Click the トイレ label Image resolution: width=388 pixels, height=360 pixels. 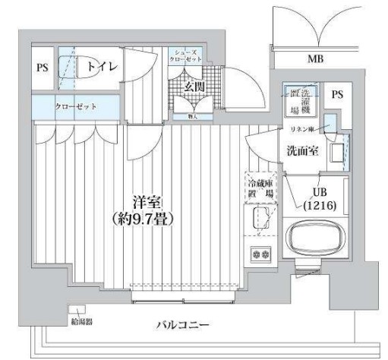[x=101, y=67]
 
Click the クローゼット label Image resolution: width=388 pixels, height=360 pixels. [x=75, y=106]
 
